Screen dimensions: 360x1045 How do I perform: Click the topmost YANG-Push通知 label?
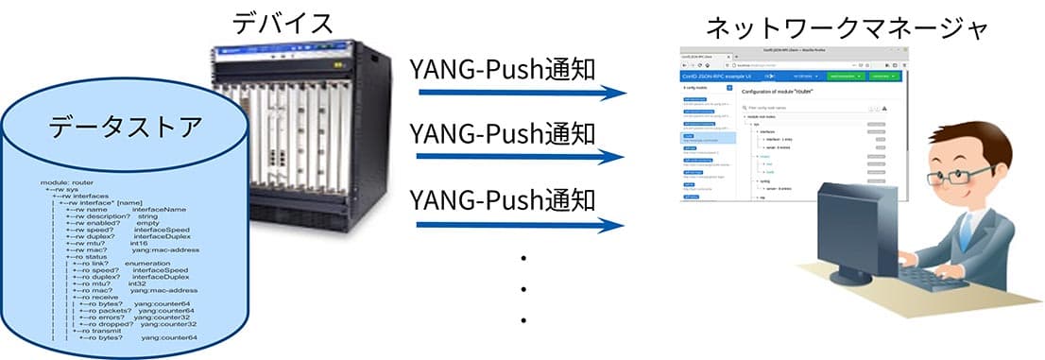pyautogui.click(x=503, y=70)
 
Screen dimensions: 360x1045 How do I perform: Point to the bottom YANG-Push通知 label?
pyautogui.click(x=503, y=200)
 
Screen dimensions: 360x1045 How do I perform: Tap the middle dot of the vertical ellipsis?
pyautogui.click(x=522, y=288)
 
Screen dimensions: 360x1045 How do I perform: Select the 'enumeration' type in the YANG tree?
pyautogui.click(x=152, y=264)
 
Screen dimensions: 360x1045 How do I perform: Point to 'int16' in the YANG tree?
pyautogui.click(x=142, y=242)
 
